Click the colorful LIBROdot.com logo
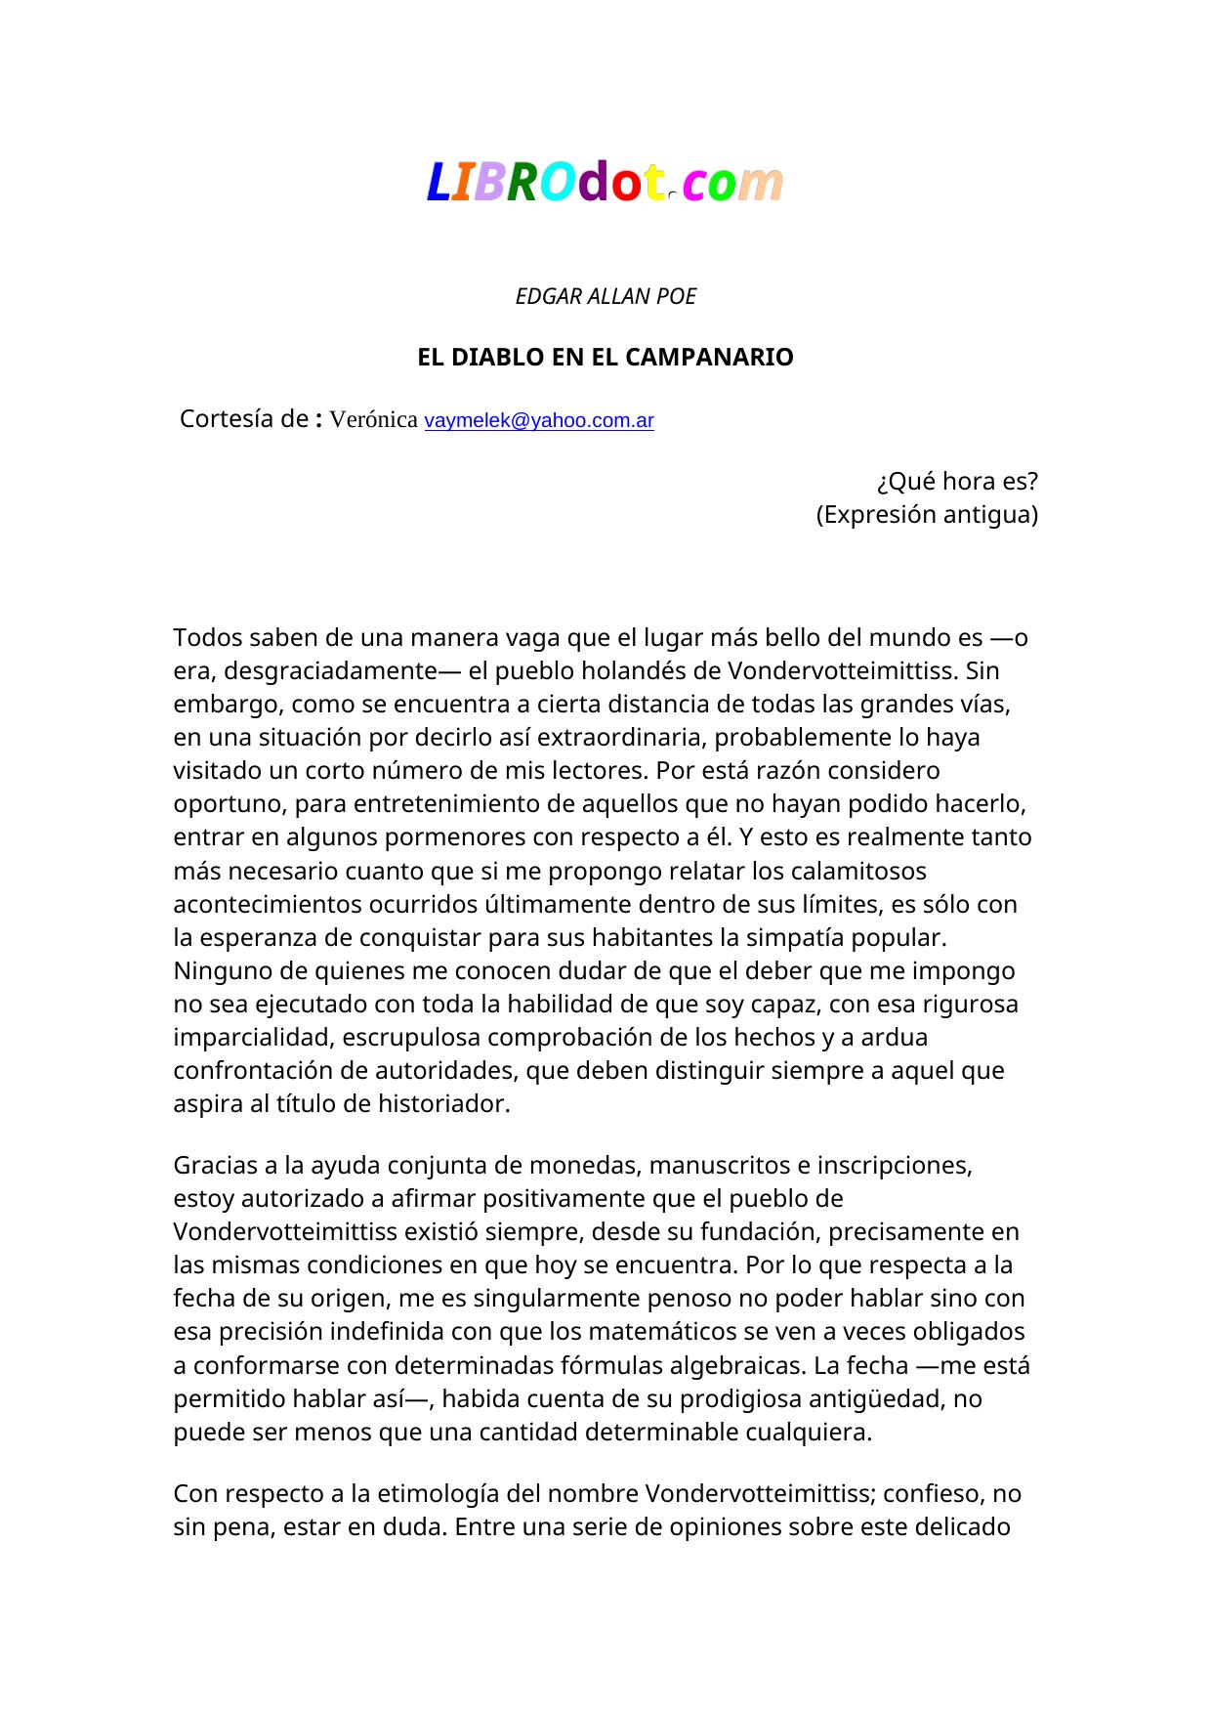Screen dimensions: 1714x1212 (606, 183)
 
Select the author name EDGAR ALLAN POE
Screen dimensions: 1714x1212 (606, 297)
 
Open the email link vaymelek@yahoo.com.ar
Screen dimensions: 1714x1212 (539, 421)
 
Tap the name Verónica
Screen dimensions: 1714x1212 (374, 420)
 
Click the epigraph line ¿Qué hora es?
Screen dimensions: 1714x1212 (956, 482)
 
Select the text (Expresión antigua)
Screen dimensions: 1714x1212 (927, 515)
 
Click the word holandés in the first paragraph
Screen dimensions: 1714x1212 (673, 671)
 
